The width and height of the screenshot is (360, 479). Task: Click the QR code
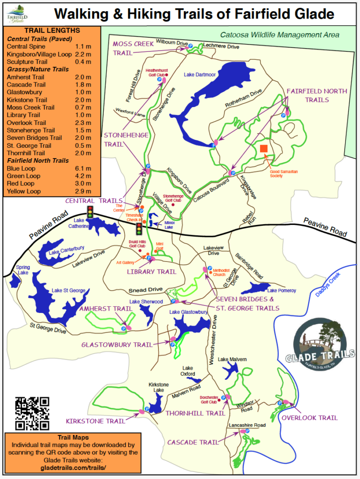tap(32, 413)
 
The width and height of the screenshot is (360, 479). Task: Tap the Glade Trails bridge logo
tap(320, 345)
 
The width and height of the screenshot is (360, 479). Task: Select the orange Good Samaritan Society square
tap(264, 148)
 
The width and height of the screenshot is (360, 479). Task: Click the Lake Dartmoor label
tap(200, 74)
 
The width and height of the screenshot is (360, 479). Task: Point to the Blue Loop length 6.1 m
tap(84, 168)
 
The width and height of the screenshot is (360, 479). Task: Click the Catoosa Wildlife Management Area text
tap(280, 35)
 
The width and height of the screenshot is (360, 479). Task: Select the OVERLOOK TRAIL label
tap(310, 418)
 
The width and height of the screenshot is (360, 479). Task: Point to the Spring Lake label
tap(23, 270)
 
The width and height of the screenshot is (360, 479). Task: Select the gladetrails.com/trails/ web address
tap(73, 467)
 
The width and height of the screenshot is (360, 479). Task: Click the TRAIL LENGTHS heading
tap(51, 30)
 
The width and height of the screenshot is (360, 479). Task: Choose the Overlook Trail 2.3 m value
tap(84, 123)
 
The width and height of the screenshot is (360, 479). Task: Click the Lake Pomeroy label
tap(281, 290)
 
